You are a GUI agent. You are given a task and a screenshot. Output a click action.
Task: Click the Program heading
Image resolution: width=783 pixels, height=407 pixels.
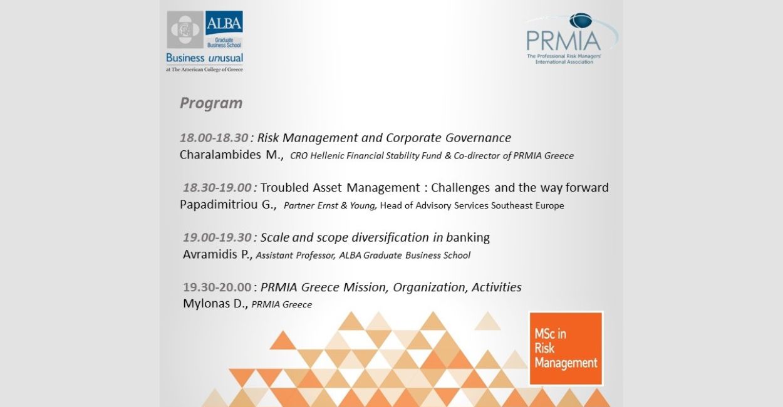tap(211, 103)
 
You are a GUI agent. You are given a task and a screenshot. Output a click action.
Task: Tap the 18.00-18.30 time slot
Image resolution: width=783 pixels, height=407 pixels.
tap(214, 138)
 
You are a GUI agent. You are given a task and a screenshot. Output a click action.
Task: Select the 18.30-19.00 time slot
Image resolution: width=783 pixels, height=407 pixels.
tap(217, 188)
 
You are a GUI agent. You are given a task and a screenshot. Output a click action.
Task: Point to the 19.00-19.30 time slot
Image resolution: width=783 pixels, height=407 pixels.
tap(217, 237)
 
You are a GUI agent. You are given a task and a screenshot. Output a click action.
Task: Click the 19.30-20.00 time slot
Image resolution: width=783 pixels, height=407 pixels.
tap(217, 287)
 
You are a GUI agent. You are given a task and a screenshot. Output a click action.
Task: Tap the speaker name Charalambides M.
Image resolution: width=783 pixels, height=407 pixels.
tap(231, 155)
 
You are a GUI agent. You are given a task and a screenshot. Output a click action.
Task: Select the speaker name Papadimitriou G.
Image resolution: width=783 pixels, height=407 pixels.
tap(228, 205)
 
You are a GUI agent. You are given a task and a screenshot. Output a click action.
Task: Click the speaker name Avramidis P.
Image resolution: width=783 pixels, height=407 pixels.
tap(217, 255)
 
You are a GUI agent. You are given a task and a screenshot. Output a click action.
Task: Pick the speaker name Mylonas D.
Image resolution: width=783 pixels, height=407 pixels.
tap(215, 304)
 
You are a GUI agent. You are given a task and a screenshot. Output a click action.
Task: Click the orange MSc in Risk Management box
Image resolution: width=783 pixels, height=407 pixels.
tap(566, 349)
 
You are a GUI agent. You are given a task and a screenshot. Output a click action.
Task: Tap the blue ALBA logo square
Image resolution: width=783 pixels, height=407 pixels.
tap(224, 23)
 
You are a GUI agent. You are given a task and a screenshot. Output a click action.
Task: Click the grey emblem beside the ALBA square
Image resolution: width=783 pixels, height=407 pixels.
tap(185, 29)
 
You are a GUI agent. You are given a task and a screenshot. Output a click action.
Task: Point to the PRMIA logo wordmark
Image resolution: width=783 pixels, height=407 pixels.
tap(564, 41)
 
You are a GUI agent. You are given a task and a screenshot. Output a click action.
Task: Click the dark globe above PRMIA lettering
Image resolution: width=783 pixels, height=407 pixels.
tap(581, 20)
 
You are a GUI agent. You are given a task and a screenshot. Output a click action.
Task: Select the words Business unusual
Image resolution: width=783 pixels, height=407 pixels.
tap(204, 58)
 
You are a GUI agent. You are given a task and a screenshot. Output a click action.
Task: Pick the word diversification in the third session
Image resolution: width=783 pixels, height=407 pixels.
tap(390, 237)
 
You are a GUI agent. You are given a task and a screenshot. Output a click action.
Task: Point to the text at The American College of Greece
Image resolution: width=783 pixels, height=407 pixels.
tap(204, 70)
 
